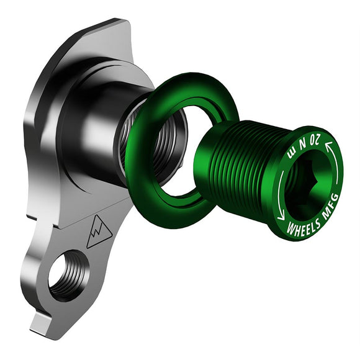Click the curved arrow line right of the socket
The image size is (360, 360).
coord(338,174)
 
